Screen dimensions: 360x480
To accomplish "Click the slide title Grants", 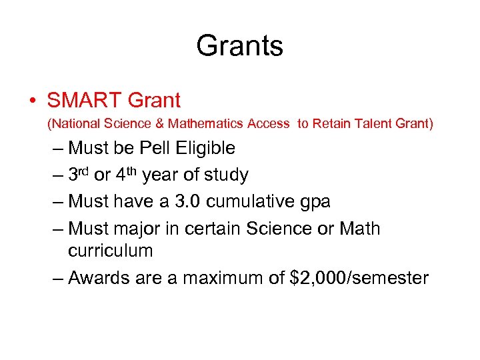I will pos(239,46).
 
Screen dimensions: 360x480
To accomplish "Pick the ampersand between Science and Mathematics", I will pos(159,123).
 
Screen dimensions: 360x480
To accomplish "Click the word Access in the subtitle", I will pos(268,123).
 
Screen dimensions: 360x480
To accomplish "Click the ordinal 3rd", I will pos(79,175).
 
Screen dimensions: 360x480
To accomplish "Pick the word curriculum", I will pos(110,251).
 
